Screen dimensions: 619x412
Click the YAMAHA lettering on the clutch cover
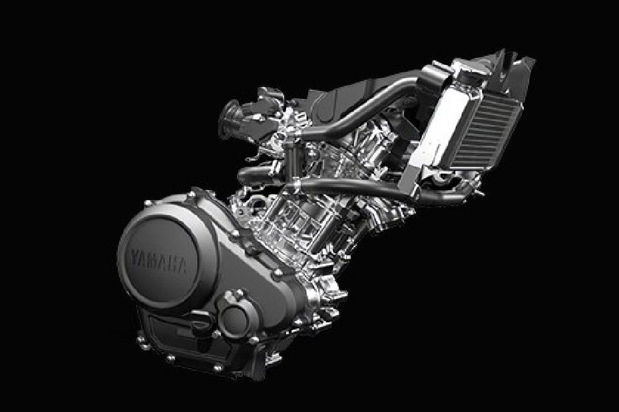(158, 261)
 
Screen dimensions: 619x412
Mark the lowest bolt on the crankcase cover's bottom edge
(217, 369)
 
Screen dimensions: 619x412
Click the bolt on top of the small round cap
(238, 293)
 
